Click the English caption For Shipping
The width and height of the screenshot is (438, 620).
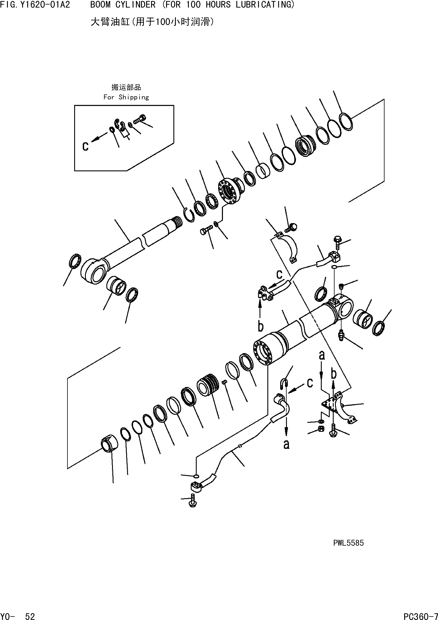126,97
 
